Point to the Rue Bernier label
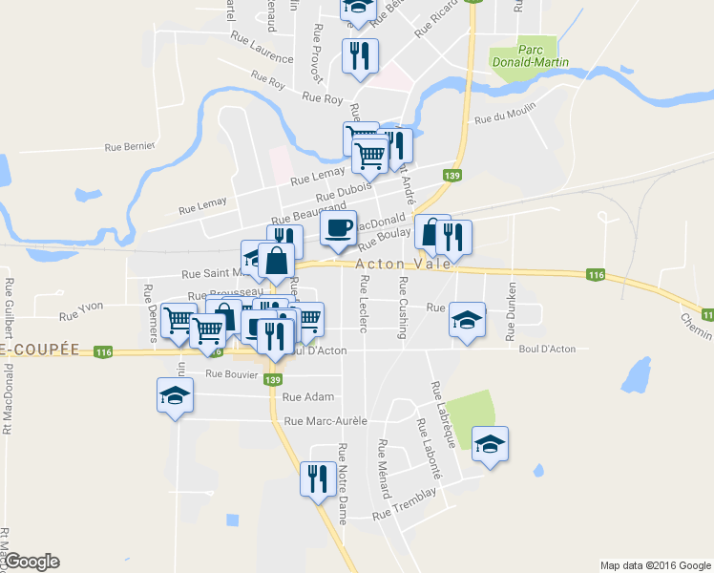129,148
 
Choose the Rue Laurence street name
262,47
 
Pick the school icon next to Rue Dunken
467,320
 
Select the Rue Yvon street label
81,314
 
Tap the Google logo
31,562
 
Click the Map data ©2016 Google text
655,565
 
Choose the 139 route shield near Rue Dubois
452,175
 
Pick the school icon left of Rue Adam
175,395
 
